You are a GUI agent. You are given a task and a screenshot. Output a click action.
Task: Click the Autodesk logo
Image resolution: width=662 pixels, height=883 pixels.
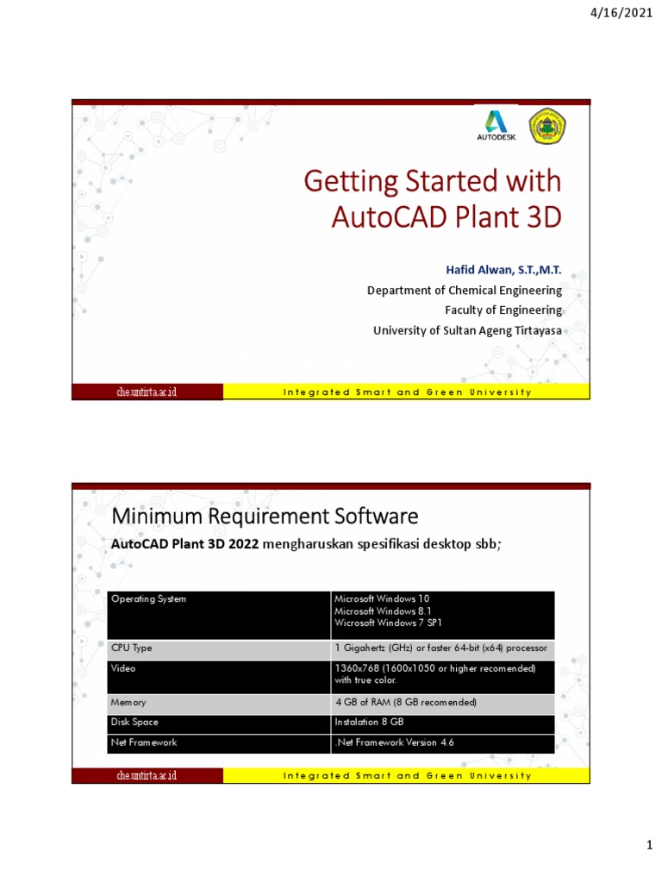pos(496,126)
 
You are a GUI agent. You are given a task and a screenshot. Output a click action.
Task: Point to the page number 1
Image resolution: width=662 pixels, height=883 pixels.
pos(650,849)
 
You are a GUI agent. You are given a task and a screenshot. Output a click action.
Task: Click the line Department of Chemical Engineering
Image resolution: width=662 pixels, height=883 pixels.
pos(464,291)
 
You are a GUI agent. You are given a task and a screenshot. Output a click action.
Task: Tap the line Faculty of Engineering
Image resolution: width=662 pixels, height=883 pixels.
pos(503,310)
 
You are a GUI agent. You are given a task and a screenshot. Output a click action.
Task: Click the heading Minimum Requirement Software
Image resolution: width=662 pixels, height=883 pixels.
pos(265,517)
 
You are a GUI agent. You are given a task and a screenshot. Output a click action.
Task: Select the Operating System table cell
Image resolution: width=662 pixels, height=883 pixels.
pos(148,598)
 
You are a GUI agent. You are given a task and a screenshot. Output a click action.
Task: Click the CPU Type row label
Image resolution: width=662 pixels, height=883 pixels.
pos(132,648)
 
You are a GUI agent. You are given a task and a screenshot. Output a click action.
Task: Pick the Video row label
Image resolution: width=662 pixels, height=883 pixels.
pos(124,668)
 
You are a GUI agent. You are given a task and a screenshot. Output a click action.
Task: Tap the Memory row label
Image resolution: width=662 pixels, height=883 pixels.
pos(129,703)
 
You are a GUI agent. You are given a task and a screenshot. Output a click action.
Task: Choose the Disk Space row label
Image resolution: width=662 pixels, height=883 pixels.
pos(135,722)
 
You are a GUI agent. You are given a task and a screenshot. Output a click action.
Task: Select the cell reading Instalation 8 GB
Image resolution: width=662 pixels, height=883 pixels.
pos(369,722)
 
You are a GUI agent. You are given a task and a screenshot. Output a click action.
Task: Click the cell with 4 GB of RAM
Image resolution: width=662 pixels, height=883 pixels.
pos(405,703)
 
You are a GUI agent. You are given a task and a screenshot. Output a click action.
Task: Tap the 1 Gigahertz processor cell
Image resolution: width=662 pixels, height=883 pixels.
pos(440,648)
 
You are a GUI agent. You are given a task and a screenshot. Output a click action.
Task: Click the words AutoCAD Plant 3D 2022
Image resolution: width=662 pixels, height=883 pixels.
pos(185,544)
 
